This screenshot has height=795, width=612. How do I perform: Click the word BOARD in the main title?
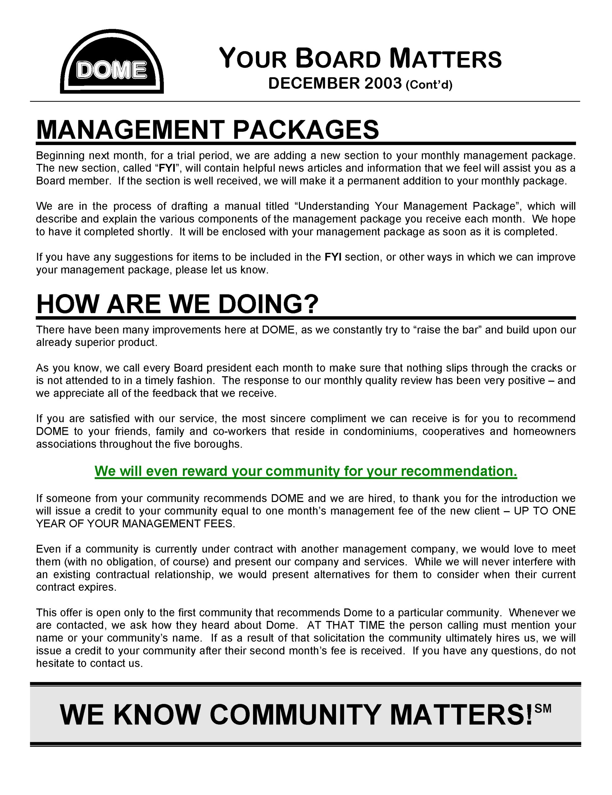(338, 59)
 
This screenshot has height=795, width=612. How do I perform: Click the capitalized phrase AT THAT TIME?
(346, 625)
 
